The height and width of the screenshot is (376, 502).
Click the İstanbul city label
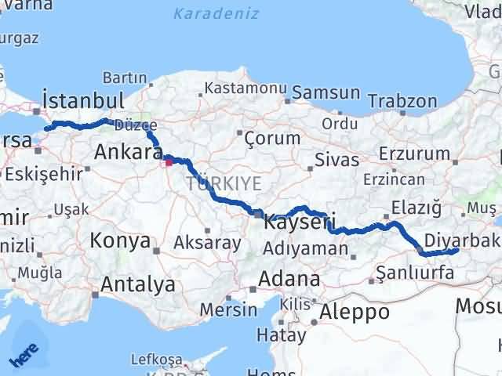click(84, 100)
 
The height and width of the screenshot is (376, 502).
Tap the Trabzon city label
click(402, 101)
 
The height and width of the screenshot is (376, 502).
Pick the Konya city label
click(120, 240)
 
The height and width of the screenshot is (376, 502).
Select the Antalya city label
click(138, 284)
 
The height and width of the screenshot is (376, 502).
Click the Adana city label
click(291, 279)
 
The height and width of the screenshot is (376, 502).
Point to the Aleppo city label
click(355, 311)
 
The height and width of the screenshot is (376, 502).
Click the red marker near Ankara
click(167, 164)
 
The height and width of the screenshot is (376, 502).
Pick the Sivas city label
click(336, 160)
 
